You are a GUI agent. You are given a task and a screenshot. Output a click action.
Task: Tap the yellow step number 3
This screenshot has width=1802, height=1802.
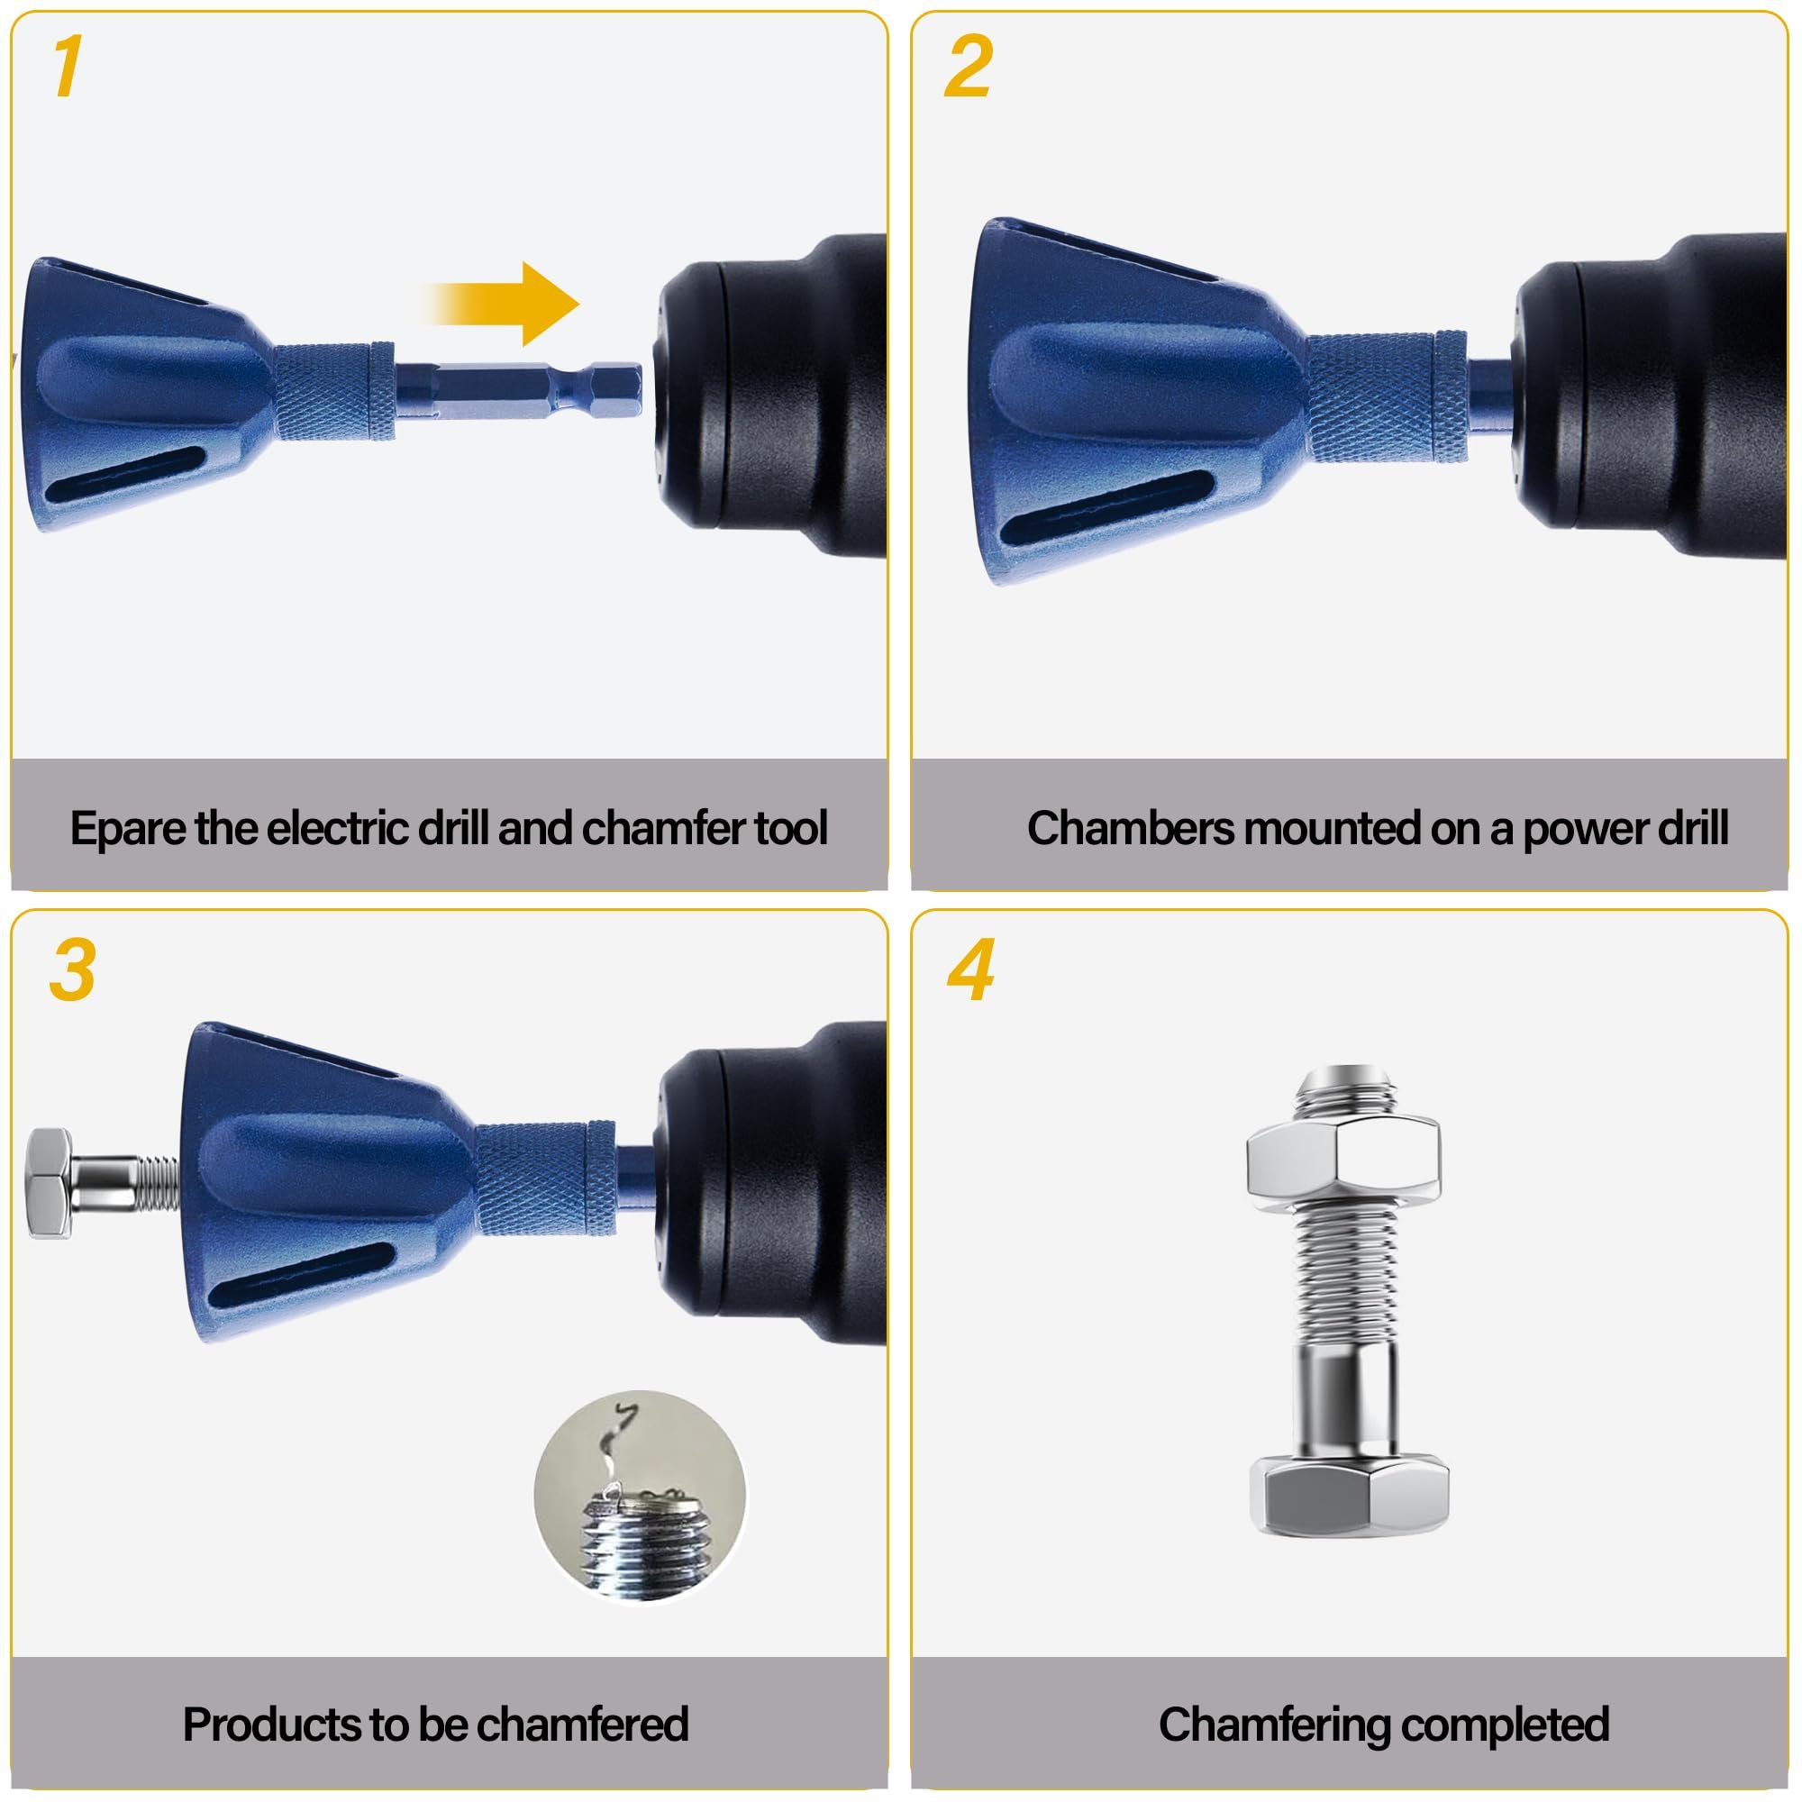pyautogui.click(x=73, y=970)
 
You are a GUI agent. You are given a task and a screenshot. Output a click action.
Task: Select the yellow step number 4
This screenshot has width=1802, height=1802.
pyautogui.click(x=970, y=971)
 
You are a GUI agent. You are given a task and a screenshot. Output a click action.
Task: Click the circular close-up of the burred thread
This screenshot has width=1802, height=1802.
pyautogui.click(x=640, y=1497)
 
